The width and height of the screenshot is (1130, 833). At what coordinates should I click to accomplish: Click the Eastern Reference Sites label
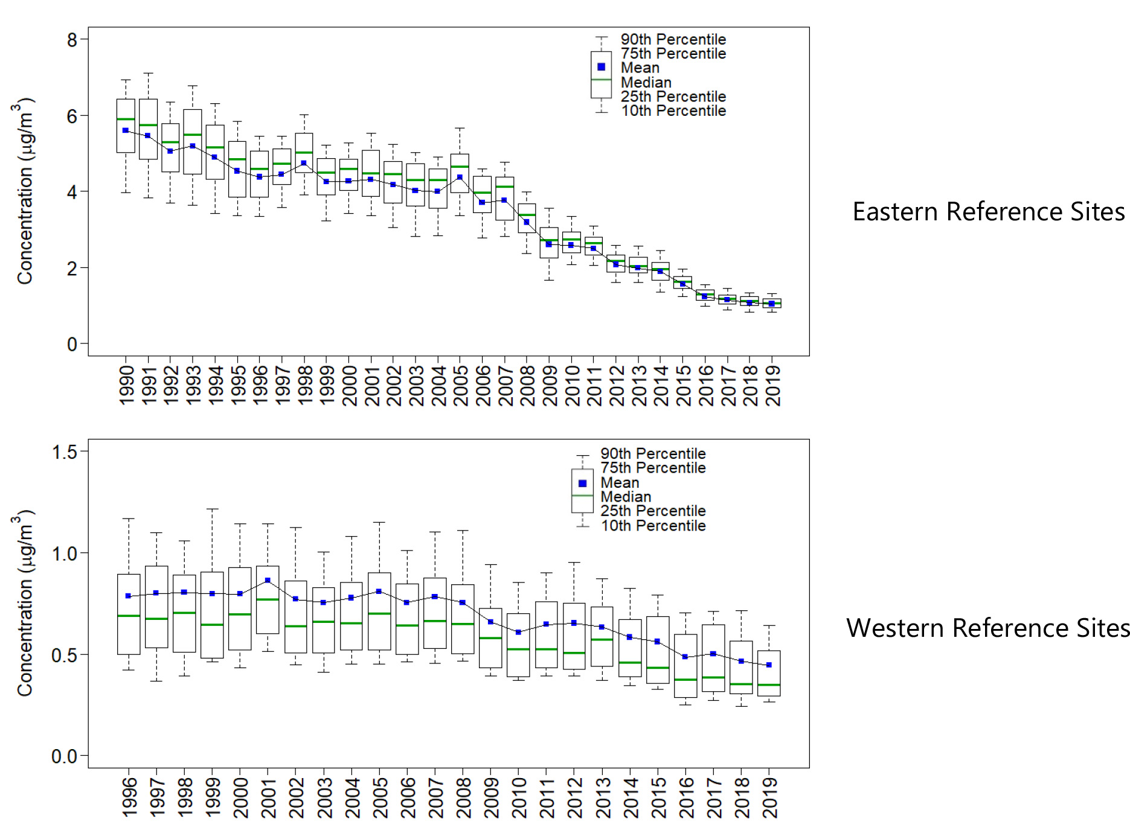tap(988, 212)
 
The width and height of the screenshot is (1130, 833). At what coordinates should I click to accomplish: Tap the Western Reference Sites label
tap(987, 628)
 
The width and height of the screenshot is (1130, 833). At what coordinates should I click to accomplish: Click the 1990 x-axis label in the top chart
tap(126, 385)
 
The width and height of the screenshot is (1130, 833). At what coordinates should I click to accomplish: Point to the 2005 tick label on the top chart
tap(461, 385)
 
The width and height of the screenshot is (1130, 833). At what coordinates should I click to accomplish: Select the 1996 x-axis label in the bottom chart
tap(129, 797)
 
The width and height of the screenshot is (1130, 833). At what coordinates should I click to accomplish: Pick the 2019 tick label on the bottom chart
tap(770, 797)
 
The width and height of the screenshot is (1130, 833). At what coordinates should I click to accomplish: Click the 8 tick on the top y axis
tap(72, 40)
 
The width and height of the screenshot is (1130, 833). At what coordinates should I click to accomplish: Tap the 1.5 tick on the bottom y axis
tap(65, 452)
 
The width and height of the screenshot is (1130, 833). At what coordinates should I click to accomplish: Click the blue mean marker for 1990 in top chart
tap(126, 130)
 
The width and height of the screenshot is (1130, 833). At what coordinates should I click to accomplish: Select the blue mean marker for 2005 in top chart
tap(460, 177)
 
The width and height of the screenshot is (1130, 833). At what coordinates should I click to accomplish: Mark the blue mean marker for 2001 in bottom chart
tap(268, 580)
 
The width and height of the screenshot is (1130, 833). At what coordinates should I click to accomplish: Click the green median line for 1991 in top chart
tap(148, 125)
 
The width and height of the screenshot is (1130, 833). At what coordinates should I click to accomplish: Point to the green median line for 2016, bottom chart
tap(685, 680)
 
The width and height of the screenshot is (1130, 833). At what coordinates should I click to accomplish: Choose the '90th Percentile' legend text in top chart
tap(673, 39)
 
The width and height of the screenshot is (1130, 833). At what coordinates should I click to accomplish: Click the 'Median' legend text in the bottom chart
tap(626, 497)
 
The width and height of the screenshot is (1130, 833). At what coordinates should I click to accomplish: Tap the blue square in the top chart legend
tap(601, 67)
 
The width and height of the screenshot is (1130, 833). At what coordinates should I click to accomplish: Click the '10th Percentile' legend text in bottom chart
tap(653, 526)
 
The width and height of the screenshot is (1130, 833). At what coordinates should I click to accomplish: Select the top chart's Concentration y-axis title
tap(24, 191)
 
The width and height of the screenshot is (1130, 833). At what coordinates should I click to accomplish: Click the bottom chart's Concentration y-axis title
tap(24, 603)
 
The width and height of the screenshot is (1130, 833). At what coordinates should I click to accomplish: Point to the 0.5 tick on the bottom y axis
tap(65, 655)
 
